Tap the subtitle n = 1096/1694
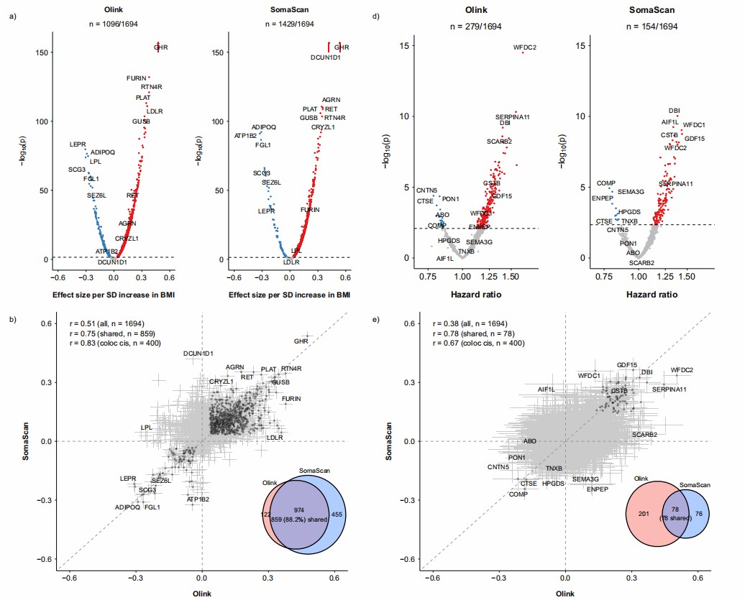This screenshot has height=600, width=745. pos(113,26)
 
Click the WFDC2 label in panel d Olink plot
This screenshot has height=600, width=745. pos(525,48)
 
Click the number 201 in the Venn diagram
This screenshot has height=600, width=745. pos(643,514)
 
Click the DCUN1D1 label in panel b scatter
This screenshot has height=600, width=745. pos(198,354)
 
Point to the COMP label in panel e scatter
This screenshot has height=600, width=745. pos(518,494)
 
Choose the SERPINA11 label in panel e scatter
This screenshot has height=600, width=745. pos(669,389)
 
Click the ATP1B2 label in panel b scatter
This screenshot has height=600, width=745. pos(198,499)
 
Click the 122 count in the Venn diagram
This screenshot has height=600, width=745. pos(265,514)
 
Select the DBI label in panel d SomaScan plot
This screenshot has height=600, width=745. pos(674,111)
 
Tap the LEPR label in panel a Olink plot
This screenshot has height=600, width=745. pos(78,144)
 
